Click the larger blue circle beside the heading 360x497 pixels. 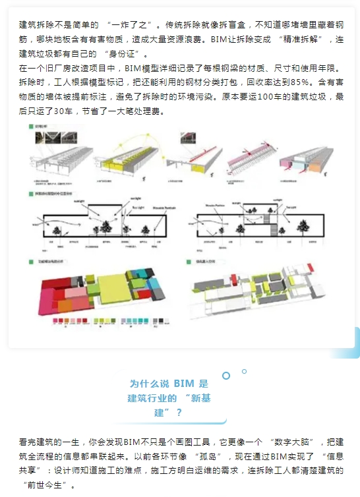pyautogui.click(x=226, y=376)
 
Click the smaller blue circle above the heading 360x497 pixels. pyautogui.click(x=244, y=371)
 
